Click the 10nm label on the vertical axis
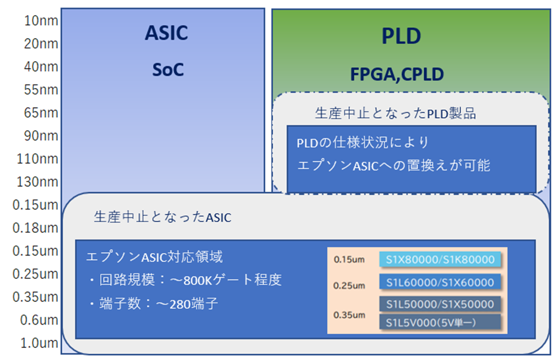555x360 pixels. pyautogui.click(x=41, y=21)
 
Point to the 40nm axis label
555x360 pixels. pyautogui.click(x=41, y=67)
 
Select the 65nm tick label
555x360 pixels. pyautogui.click(x=41, y=113)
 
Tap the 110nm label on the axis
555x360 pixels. pyautogui.click(x=37, y=159)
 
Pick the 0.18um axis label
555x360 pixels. pyautogui.click(x=35, y=228)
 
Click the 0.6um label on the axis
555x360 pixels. pyautogui.click(x=39, y=320)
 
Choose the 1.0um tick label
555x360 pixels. pyautogui.click(x=39, y=343)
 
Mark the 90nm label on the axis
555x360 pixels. pyautogui.click(x=41, y=136)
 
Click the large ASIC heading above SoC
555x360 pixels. pyautogui.click(x=166, y=33)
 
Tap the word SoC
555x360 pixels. pyautogui.click(x=168, y=70)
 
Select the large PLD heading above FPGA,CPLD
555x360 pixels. pyautogui.click(x=401, y=36)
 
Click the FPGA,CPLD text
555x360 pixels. pyautogui.click(x=397, y=74)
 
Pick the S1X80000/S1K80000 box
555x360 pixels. pyautogui.click(x=440, y=260)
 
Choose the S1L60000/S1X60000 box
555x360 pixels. pyautogui.click(x=440, y=282)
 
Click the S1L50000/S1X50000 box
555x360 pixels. pyautogui.click(x=440, y=304)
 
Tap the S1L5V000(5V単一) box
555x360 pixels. pyautogui.click(x=440, y=322)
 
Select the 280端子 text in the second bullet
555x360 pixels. pyautogui.click(x=194, y=304)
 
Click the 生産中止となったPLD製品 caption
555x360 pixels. pyautogui.click(x=395, y=113)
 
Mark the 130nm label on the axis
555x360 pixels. pyautogui.click(x=37, y=182)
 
